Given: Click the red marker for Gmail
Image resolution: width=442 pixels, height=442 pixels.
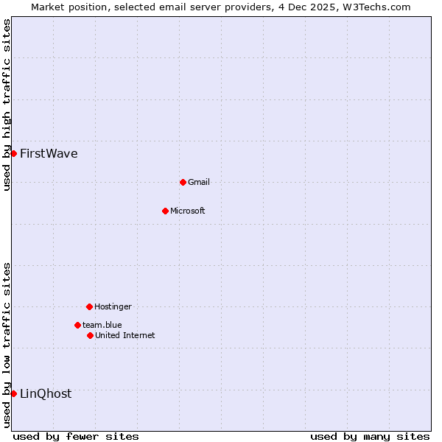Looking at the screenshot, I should (x=183, y=182).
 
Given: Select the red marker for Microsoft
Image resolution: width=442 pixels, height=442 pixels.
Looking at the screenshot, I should (x=165, y=211).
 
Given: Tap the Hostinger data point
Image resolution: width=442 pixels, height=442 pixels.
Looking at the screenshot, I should (x=89, y=306).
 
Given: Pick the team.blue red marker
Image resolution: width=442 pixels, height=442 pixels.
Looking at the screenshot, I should (x=77, y=325).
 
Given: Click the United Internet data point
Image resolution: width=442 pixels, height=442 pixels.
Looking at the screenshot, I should (x=90, y=335).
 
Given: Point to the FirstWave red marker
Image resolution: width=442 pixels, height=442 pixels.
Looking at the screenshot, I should (x=13, y=153).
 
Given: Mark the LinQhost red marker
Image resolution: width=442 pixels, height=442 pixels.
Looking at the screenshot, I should (x=13, y=393).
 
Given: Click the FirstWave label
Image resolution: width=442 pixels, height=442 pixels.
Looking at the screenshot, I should (x=49, y=154).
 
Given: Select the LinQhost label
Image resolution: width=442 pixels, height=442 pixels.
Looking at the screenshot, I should (x=46, y=394).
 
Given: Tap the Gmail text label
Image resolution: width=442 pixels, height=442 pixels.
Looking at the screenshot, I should (x=199, y=183).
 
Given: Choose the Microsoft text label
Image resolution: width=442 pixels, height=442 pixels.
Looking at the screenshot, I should (x=188, y=211).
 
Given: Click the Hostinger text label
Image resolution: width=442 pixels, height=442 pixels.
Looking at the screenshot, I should (x=113, y=307).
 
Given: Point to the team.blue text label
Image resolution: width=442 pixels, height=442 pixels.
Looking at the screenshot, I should (x=102, y=326).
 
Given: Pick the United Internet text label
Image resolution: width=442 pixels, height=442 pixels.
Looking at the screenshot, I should (x=125, y=336).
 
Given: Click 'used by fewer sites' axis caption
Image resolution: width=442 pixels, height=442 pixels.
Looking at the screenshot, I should (x=76, y=436).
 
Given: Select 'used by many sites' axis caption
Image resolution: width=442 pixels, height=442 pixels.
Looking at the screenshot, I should (x=370, y=436).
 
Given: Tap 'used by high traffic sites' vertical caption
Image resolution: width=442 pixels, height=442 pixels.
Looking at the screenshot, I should (x=7, y=105).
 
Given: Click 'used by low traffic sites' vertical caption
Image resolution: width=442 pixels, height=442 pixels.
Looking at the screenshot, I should (x=7, y=344).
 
